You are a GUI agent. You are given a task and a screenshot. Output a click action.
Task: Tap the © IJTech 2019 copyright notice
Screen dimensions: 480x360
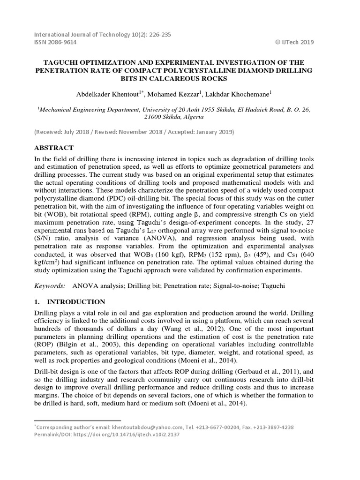(x=294, y=42)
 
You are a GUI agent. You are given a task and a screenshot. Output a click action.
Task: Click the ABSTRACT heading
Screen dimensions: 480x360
(x=54, y=147)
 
